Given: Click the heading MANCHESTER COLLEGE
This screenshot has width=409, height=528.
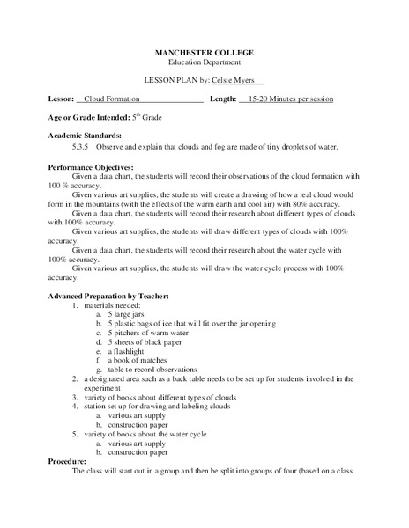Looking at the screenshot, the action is point(204,53).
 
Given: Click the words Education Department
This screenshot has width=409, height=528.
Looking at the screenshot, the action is point(204,62).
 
